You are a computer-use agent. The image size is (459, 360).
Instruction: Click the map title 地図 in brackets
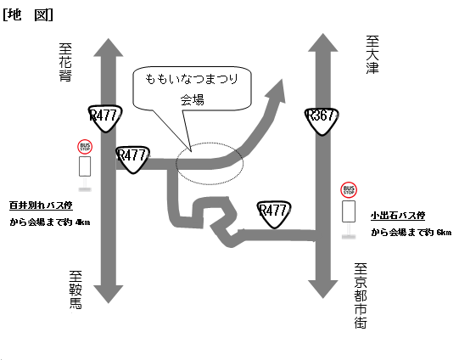click(28, 14)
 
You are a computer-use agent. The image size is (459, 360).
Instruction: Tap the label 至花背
click(65, 62)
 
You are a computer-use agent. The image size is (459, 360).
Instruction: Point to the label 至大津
click(372, 55)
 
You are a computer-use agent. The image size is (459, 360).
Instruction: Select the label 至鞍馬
click(76, 290)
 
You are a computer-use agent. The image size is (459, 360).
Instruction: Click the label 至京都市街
click(361, 295)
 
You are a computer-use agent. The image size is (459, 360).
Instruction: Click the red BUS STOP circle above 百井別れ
click(85, 147)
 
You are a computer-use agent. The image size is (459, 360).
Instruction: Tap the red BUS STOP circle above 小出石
click(349, 190)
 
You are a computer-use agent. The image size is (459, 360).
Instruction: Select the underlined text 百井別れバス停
click(41, 205)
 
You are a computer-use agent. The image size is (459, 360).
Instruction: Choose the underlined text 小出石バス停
click(398, 216)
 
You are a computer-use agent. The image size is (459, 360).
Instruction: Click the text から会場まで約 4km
click(50, 222)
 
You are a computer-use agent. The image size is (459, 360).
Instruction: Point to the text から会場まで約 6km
click(411, 233)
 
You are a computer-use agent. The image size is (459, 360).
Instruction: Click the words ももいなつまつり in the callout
click(192, 79)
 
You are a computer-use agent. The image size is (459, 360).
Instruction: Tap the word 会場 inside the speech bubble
click(192, 100)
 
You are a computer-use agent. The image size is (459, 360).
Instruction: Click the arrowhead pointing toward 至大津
click(323, 42)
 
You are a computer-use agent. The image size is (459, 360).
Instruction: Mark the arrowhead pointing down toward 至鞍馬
click(109, 294)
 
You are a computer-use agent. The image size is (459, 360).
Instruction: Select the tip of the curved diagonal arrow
click(282, 79)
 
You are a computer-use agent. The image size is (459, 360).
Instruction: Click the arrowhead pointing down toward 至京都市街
click(323, 290)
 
